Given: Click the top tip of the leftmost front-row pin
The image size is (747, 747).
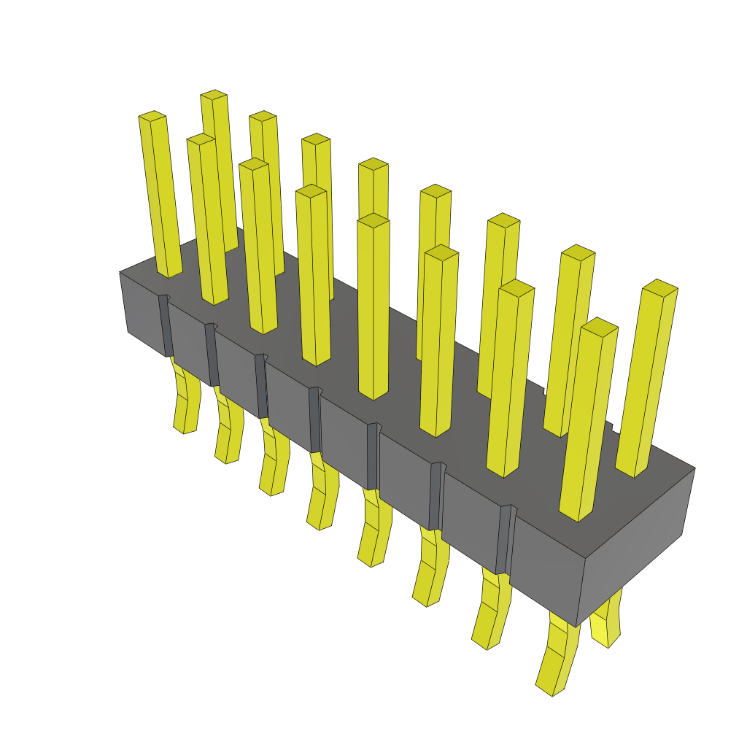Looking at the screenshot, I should coord(152,115).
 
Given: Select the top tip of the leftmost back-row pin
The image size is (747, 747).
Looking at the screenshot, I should coord(214,94).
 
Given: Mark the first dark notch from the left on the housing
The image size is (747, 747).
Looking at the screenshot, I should coord(166,325).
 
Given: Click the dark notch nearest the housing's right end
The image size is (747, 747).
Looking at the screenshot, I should coord(503,540).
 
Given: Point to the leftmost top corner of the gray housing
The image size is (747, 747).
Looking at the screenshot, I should coord(120,272).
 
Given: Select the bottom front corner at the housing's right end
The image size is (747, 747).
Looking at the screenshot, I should coord(576,627).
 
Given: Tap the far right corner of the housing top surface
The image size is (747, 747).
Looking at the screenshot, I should coord(694,468).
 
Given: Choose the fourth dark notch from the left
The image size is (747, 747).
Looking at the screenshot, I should coord(315,419).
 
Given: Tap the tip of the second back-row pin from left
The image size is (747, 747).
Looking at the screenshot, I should coord(263,116).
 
